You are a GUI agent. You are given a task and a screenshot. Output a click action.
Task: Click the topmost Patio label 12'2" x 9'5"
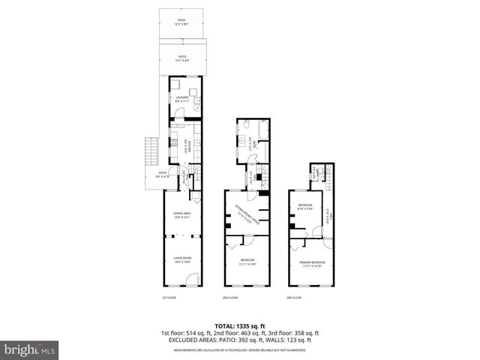[x=181, y=22]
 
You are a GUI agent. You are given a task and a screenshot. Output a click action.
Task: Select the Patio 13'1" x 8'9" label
[x=182, y=58]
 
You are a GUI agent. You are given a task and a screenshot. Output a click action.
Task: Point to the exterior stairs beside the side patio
[x=149, y=154]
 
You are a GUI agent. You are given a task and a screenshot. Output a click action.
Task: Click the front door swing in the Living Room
[x=192, y=280]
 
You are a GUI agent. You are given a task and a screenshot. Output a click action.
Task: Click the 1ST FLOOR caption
[x=169, y=298]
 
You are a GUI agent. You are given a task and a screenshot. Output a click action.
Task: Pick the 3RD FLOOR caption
[x=295, y=298]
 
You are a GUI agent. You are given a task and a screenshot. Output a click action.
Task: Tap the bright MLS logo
[x=30, y=349]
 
